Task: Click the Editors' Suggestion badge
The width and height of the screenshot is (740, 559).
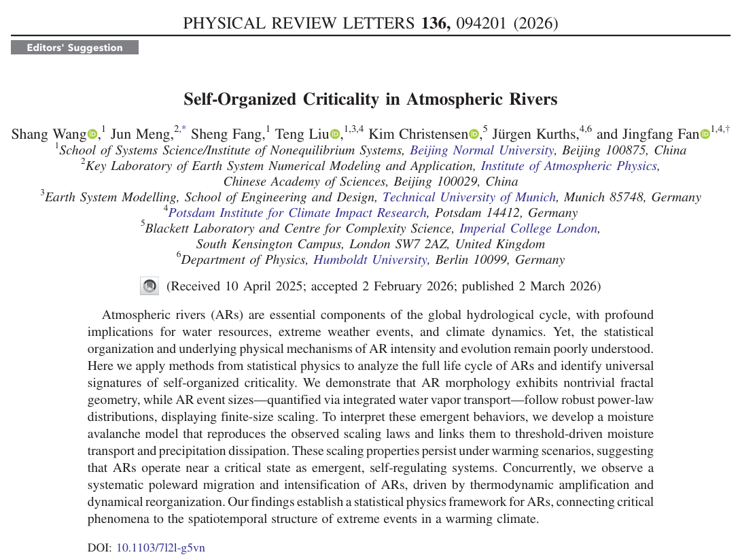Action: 75,48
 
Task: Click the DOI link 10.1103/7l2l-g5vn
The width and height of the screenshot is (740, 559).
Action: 160,547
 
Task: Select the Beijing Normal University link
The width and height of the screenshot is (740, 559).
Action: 482,150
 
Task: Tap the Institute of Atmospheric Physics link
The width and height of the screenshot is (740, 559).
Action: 569,166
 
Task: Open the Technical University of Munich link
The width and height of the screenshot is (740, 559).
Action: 470,197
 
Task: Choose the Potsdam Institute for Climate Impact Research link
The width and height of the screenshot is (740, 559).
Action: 298,213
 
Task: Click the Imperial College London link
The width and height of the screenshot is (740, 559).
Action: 529,228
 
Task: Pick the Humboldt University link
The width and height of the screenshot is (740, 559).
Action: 370,260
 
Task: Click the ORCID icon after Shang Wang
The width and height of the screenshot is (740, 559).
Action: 92,134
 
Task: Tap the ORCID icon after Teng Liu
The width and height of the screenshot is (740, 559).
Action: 335,134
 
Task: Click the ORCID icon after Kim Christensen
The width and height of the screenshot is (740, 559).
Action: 474,134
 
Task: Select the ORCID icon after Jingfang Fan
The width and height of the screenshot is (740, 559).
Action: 705,134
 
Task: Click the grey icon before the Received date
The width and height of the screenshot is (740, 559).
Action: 149,286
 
